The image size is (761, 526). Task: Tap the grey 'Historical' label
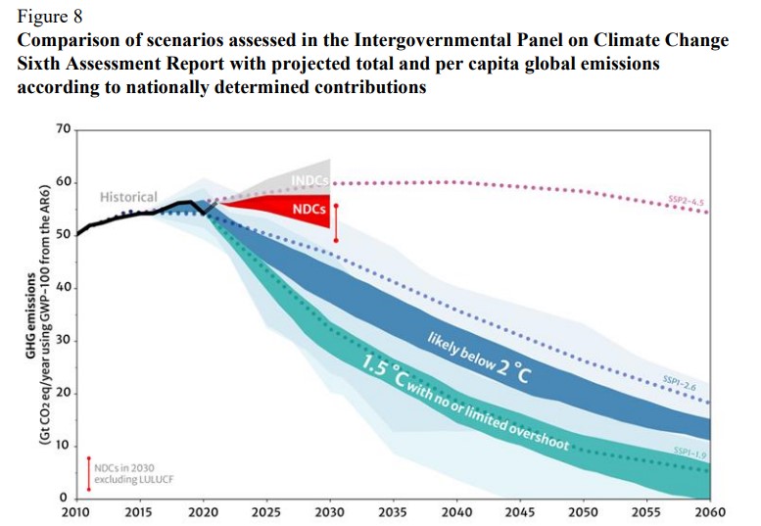(127, 197)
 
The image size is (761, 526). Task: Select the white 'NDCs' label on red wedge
(309, 210)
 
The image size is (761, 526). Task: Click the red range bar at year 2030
(336, 223)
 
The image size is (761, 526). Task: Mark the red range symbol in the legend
(88, 474)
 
